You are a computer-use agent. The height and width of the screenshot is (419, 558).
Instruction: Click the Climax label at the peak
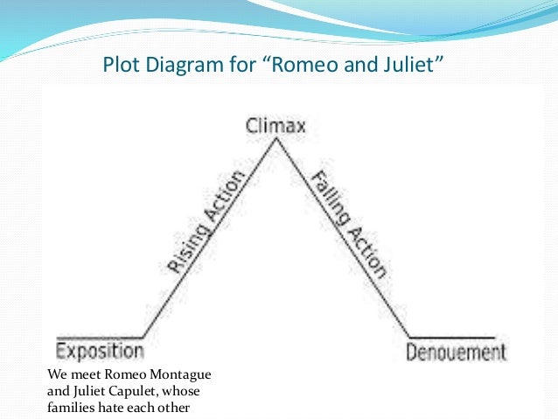276,127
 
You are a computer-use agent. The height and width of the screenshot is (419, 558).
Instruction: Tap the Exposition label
99,352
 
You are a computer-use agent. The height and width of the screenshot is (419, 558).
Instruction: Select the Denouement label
456,353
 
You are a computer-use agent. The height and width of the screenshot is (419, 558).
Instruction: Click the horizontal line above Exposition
99,337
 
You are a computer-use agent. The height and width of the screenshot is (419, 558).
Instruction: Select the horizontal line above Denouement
453,337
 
